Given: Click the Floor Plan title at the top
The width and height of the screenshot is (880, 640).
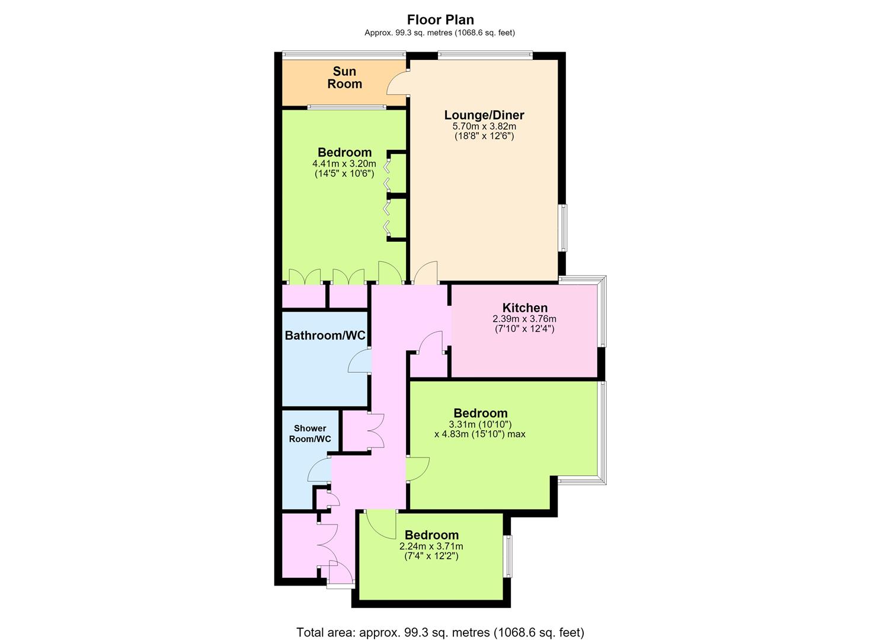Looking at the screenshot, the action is pos(440,20).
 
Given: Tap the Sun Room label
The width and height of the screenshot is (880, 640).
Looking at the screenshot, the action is pos(344,78).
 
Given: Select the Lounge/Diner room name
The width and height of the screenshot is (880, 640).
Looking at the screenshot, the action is pos(484,115).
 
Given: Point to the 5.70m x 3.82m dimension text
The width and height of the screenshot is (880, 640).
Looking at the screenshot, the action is pos(484,126).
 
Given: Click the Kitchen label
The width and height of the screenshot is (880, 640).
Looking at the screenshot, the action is pos(525,308).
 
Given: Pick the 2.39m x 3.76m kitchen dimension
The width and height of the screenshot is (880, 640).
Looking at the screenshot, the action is pos(524,319).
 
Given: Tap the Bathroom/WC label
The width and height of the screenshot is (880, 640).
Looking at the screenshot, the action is pos(325,335).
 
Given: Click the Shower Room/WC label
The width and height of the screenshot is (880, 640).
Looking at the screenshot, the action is pos(310,433).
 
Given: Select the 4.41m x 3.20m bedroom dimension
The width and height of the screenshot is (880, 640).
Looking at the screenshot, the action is pos(344,164).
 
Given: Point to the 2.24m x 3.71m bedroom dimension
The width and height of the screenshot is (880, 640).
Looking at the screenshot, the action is pos(431,546).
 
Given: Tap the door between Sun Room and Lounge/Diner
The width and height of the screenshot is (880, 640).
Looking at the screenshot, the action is pos(398,82).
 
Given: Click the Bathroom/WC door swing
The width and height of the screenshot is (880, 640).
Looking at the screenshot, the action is pos(360,361).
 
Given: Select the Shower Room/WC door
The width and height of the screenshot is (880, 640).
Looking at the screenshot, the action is pos(319,470).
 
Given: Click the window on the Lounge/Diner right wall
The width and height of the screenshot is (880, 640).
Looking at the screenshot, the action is pos(564,228).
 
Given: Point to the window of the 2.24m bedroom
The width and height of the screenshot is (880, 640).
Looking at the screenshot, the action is pos(508,556).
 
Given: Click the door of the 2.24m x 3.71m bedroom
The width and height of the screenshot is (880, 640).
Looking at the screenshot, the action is pos(381,525).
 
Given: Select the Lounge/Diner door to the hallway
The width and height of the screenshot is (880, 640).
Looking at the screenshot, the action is pos(426,273).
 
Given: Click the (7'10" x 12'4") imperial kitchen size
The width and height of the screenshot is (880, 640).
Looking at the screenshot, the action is pos(524,328).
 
